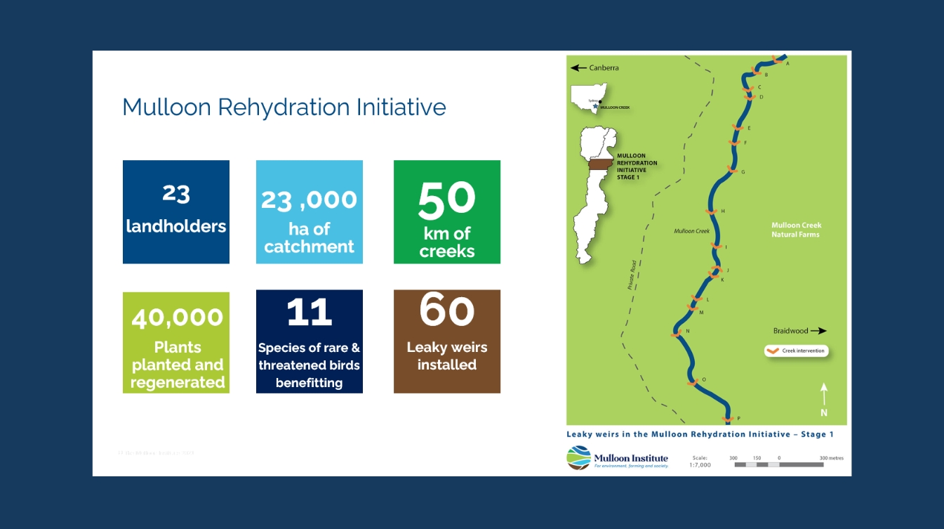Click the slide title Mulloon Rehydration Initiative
284,107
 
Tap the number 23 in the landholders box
176,193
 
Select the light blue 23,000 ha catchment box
310,212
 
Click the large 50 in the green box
446,199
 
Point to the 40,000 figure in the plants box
177,318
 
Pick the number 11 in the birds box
309,313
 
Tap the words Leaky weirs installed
446,356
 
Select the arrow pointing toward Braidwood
818,331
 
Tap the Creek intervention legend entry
796,351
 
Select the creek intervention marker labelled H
710,211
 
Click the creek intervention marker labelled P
728,419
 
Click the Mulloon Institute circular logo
578,457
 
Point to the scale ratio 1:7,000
700,465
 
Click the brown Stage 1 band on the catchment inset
600,164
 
